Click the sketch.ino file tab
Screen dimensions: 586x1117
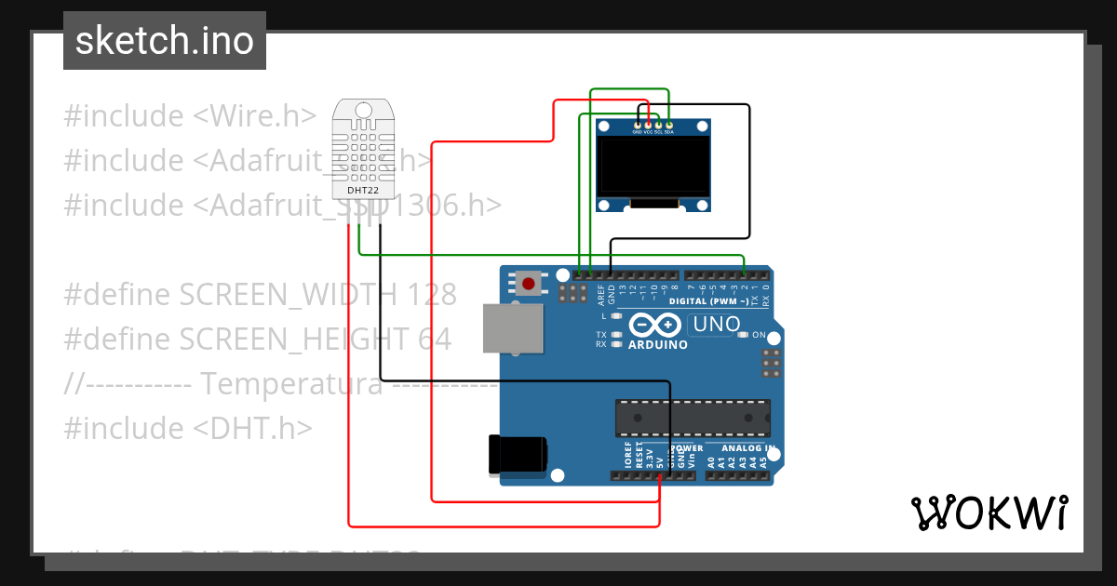pyautogui.click(x=165, y=41)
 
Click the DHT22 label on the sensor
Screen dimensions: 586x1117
pyautogui.click(x=362, y=190)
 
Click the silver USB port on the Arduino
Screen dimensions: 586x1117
pyautogui.click(x=512, y=329)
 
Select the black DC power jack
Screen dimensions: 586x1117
pyautogui.click(x=517, y=455)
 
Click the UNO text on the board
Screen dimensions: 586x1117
pyautogui.click(x=715, y=326)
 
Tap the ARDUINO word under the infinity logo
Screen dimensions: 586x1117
pyautogui.click(x=657, y=345)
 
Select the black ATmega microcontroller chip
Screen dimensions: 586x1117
pyautogui.click(x=693, y=418)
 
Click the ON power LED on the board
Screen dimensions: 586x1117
pyautogui.click(x=743, y=335)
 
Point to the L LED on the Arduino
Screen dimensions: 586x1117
pyautogui.click(x=616, y=317)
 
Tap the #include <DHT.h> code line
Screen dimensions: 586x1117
pyautogui.click(x=187, y=428)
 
